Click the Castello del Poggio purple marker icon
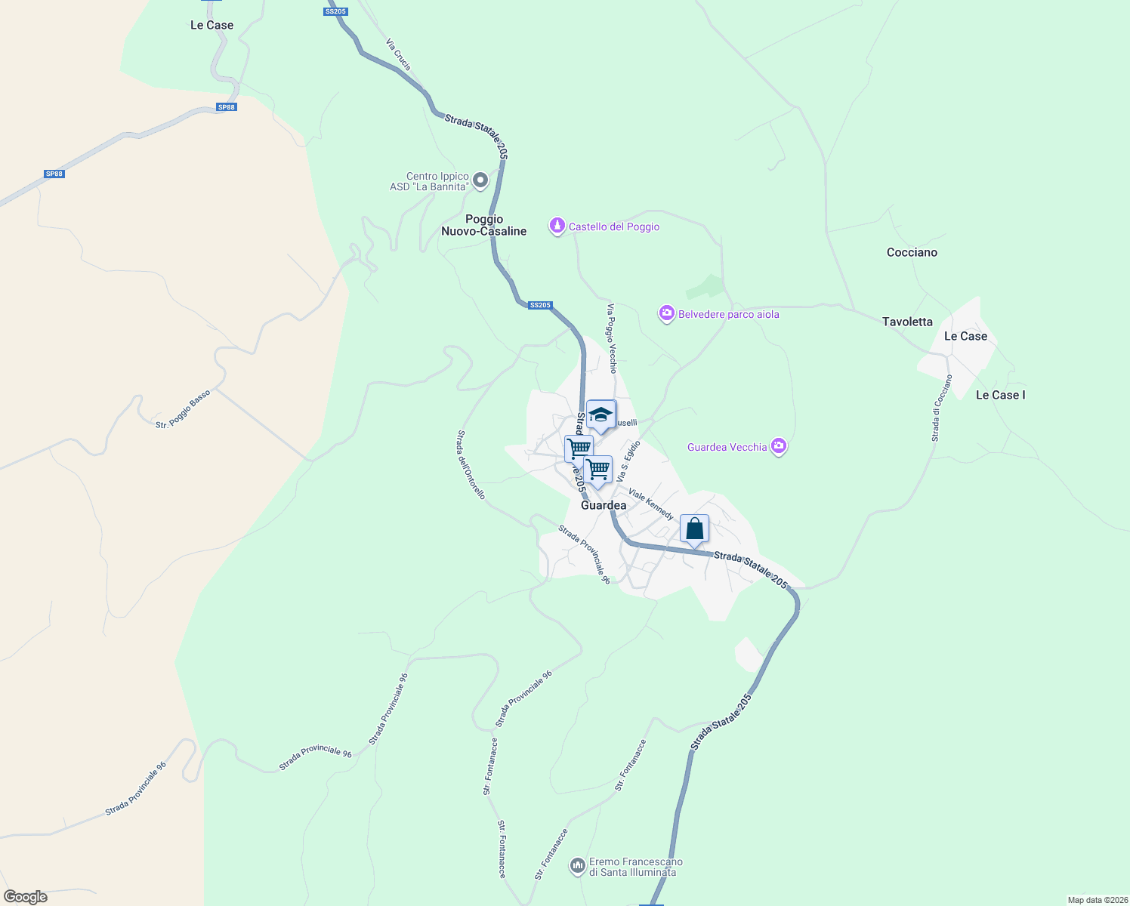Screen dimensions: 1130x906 coord(557,226)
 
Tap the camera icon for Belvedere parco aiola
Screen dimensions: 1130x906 coord(666,313)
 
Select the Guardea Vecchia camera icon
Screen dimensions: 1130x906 coord(779,447)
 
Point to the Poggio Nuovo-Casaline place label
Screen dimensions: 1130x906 coord(483,225)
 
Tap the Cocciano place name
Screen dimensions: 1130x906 coord(912,252)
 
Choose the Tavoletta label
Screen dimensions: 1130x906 coord(907,322)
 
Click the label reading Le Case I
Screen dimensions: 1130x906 coord(1000,395)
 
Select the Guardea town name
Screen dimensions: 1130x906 coord(604,505)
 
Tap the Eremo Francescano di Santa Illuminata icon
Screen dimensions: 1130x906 coord(578,866)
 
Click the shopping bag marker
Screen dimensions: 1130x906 coord(694,529)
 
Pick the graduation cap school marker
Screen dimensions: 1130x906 coord(601,414)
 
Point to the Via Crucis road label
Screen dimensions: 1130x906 coord(398,55)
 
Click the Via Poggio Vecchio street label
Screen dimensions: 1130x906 coord(612,338)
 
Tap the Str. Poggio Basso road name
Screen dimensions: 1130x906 coord(183,409)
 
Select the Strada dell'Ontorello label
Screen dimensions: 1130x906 coord(470,464)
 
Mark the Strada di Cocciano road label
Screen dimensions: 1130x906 coord(941,408)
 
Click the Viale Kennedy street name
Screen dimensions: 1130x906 coord(650,504)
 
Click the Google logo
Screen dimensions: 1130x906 coord(26,897)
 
